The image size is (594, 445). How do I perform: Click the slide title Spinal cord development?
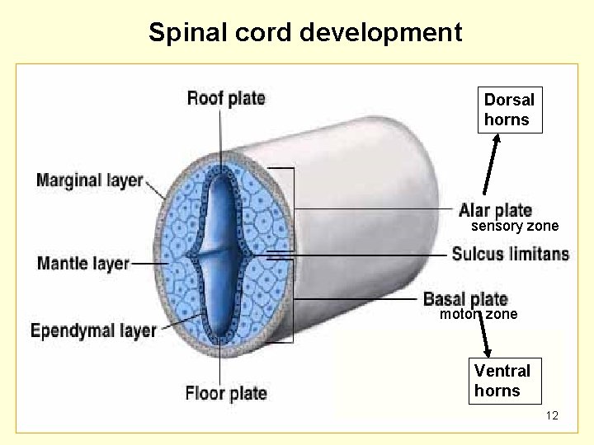pyautogui.click(x=305, y=32)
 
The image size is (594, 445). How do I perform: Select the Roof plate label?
pyautogui.click(x=226, y=99)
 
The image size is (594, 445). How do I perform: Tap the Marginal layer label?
pyautogui.click(x=89, y=180)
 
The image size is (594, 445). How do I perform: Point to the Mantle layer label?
pyautogui.click(x=83, y=264)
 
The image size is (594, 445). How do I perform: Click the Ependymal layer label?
pyautogui.click(x=93, y=330)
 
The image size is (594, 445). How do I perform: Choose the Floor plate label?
pyautogui.click(x=226, y=393)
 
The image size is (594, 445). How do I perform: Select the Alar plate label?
pyautogui.click(x=495, y=210)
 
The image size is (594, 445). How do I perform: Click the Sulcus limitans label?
pyautogui.click(x=510, y=254)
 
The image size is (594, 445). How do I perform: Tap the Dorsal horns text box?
pyautogui.click(x=510, y=110)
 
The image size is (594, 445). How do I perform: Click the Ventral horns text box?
pyautogui.click(x=502, y=380)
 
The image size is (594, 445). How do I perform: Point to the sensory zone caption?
pyautogui.click(x=515, y=226)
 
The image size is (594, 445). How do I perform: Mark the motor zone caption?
pyautogui.click(x=478, y=314)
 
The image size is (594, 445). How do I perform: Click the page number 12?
pyautogui.click(x=552, y=416)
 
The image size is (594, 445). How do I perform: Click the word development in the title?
pyautogui.click(x=380, y=32)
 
